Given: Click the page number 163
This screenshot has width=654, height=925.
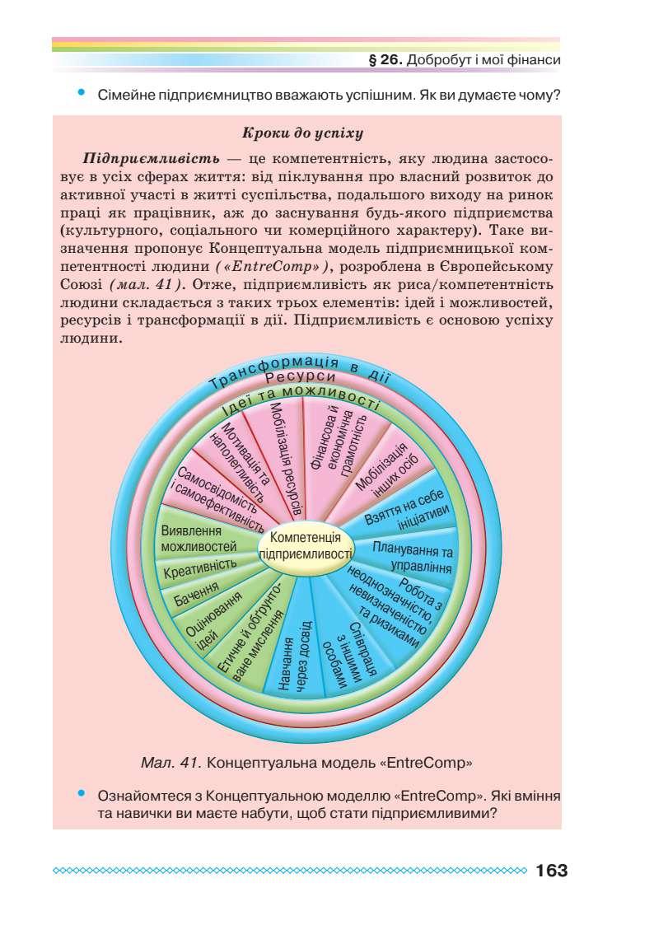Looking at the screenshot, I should click(x=551, y=871).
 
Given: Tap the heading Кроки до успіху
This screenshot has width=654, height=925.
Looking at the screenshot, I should click(x=304, y=132).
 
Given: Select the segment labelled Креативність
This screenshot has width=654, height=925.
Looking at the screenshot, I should click(x=199, y=568).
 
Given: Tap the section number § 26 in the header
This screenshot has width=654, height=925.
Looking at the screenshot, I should click(x=387, y=61).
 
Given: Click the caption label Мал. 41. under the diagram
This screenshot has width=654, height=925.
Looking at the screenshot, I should click(x=172, y=762).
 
